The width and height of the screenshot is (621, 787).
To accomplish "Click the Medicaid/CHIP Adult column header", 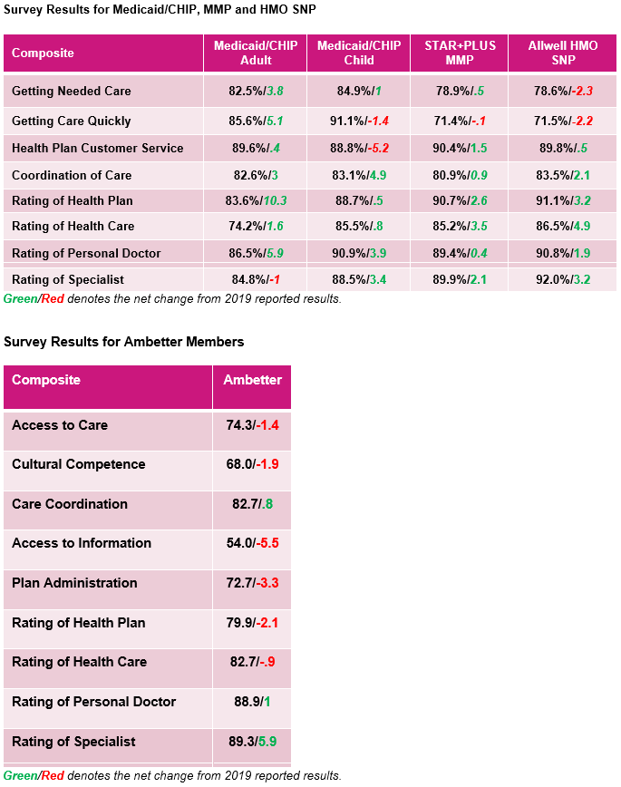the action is (x=256, y=53).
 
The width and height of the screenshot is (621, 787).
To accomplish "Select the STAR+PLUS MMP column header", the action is (x=460, y=53).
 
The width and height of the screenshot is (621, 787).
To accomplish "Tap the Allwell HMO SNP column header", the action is (x=563, y=53).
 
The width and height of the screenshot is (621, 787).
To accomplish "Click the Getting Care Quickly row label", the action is (x=72, y=121).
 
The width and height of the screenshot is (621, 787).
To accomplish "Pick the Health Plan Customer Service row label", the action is (x=97, y=148).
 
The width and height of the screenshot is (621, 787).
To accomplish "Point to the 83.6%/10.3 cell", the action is (x=256, y=200).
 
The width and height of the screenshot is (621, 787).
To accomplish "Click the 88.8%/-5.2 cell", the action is (x=359, y=148).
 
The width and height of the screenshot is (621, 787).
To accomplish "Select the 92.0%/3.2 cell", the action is (x=563, y=279).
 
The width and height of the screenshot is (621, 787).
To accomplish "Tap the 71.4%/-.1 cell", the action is (x=460, y=121).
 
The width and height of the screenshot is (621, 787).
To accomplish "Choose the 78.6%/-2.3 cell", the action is (x=563, y=91).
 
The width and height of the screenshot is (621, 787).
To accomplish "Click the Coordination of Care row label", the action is (x=72, y=175).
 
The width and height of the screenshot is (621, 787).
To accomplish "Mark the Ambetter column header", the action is (x=253, y=379).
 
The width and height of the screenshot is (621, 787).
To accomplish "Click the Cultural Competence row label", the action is (x=79, y=464).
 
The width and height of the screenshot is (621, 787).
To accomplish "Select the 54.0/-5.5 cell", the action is (x=253, y=543).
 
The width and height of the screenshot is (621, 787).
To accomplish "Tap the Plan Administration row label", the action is (x=75, y=583).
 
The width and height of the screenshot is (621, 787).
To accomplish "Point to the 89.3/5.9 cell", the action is (x=253, y=742).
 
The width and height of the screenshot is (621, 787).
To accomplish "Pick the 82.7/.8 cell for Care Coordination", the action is (x=253, y=504).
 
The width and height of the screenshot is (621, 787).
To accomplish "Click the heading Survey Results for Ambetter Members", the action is (x=124, y=342).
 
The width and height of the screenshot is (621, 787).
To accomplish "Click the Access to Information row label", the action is (x=82, y=543).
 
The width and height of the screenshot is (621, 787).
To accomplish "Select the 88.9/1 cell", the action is (x=253, y=702).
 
